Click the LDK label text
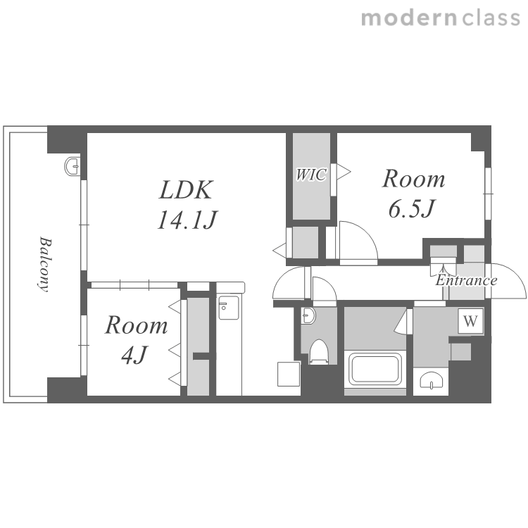[186, 190]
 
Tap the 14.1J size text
[187, 220]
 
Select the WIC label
[311, 175]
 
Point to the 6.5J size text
[412, 209]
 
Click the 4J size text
[134, 356]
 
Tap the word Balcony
[44, 264]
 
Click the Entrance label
[466, 280]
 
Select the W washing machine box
[470, 321]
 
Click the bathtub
[375, 368]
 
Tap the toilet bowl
[318, 351]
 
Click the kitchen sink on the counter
[228, 308]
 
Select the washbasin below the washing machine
[431, 380]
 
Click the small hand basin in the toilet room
[308, 315]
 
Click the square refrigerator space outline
[289, 374]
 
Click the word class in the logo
[491, 18]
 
